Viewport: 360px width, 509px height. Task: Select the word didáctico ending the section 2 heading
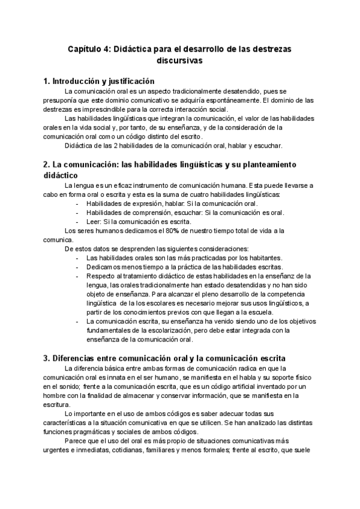click(x=60, y=175)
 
